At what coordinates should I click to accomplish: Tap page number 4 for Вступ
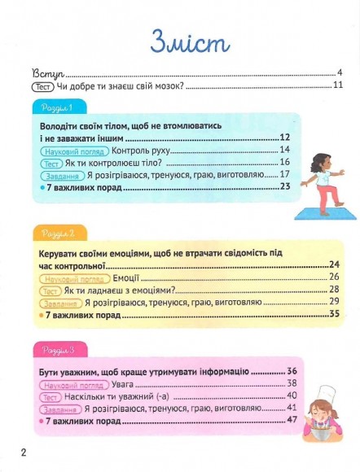[339, 72]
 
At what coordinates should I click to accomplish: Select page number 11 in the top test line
[337, 85]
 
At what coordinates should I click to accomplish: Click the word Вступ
[48, 72]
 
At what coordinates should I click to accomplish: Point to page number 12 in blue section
[285, 138]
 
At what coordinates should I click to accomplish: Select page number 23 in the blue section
[285, 186]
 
